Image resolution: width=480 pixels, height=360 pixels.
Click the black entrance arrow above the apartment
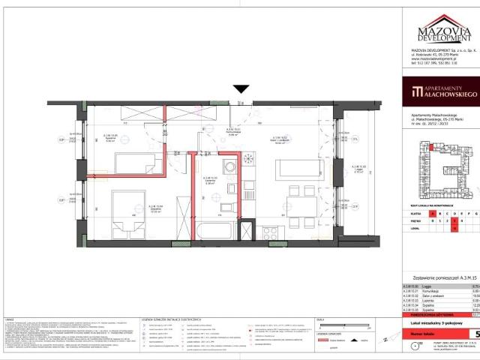click(240, 89)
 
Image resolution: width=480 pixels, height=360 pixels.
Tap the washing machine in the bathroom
click(230, 165)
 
